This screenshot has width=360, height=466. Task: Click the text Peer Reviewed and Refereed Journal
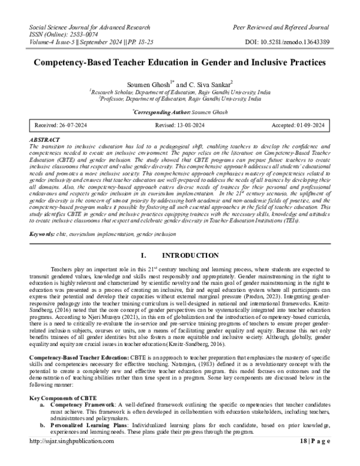coord(281,28)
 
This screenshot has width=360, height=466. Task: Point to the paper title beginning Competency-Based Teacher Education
coord(179,62)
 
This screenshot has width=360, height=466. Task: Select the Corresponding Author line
coord(179,112)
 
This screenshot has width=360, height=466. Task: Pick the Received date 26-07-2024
coord(57,125)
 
